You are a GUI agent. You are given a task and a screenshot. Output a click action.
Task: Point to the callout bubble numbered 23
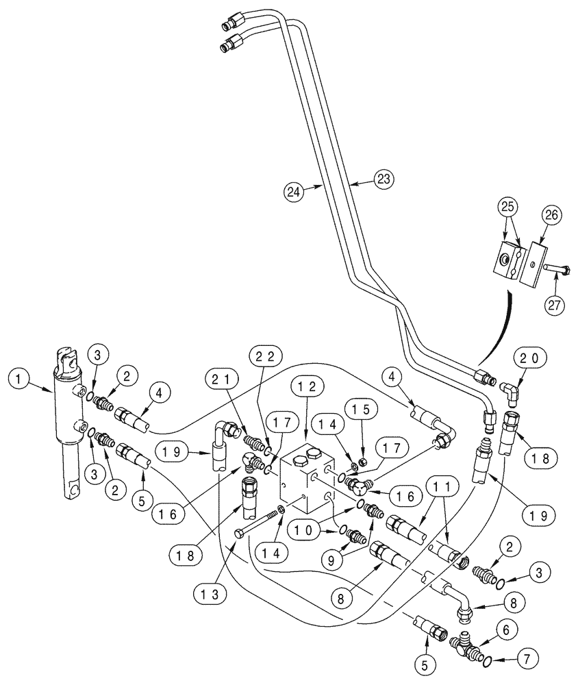(x=384, y=179)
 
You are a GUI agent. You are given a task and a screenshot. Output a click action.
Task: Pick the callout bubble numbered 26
(x=552, y=215)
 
